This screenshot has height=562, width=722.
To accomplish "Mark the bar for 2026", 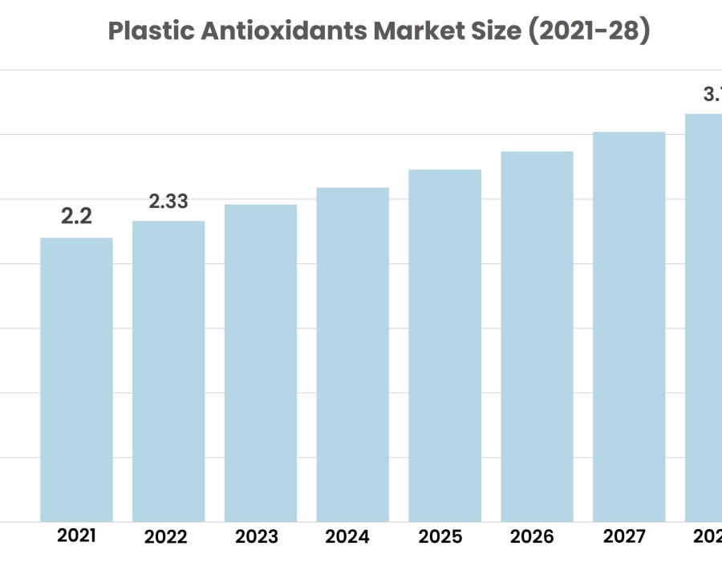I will point(537,336).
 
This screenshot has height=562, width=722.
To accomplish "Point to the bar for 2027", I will point(629,327).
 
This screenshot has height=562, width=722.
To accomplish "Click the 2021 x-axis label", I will point(76,536).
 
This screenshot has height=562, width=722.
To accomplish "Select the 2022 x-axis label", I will point(166,537).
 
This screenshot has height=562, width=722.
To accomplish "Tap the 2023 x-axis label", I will point(258,537).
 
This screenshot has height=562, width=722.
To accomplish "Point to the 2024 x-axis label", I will point(349,537).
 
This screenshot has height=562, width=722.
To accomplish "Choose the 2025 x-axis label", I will point(440,537).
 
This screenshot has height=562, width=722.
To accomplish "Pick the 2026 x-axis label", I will point(531,537).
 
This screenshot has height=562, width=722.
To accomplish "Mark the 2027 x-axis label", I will point(623,537).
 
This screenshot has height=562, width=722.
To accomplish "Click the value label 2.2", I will point(77,216).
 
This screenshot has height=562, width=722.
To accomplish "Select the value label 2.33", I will point(168,201).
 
